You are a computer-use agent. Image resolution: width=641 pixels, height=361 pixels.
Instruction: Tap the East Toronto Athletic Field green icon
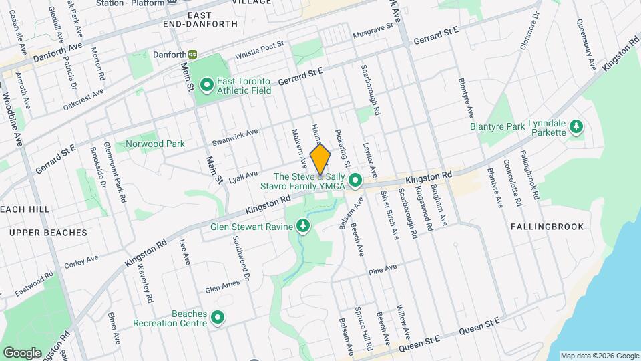pos(207,84)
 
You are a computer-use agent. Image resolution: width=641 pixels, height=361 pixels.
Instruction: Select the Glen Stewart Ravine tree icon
pos(304,226)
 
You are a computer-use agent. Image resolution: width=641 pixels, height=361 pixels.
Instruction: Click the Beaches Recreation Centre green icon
pos(217,317)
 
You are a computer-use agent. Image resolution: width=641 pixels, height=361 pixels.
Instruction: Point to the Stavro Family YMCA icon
pos(356,180)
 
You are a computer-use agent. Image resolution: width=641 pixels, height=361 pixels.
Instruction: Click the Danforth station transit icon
pos(193,54)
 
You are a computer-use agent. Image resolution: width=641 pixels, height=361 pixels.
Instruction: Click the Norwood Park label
pos(155,144)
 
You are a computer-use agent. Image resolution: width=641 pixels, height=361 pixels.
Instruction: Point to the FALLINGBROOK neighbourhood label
pos(547,227)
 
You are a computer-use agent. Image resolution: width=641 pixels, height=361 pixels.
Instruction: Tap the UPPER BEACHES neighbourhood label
pos(48,233)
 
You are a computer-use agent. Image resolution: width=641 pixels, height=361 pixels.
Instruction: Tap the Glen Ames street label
pos(222,286)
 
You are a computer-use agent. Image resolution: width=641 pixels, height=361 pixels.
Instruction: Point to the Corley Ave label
pos(81,261)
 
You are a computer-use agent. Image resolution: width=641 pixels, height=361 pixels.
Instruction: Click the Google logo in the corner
pos(22,352)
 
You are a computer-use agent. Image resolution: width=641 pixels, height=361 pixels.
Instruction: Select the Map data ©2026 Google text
pos(600,356)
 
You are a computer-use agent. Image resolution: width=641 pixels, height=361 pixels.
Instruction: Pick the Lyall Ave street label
pos(243,176)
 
